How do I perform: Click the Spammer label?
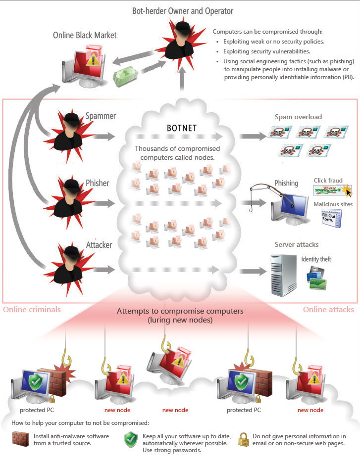[x=101, y=116]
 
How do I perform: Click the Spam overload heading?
[x=298, y=117]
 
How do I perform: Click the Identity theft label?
[x=316, y=259]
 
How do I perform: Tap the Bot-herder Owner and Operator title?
[x=183, y=10]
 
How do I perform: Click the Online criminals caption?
[x=32, y=310]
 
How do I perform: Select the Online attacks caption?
[x=328, y=310]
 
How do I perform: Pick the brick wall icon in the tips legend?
[x=20, y=439]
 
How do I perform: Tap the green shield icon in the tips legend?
[x=130, y=439]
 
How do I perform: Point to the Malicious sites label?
[x=333, y=204]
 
